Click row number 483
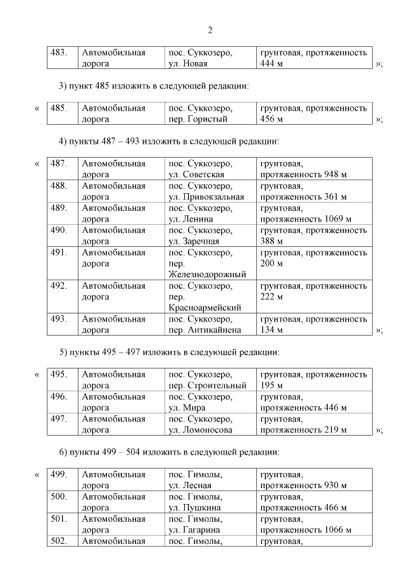[x=59, y=53]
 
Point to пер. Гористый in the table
[x=197, y=118]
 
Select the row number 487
[x=59, y=163]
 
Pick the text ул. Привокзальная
[x=206, y=197]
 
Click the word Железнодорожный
[x=207, y=274]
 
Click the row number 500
[x=59, y=497]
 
